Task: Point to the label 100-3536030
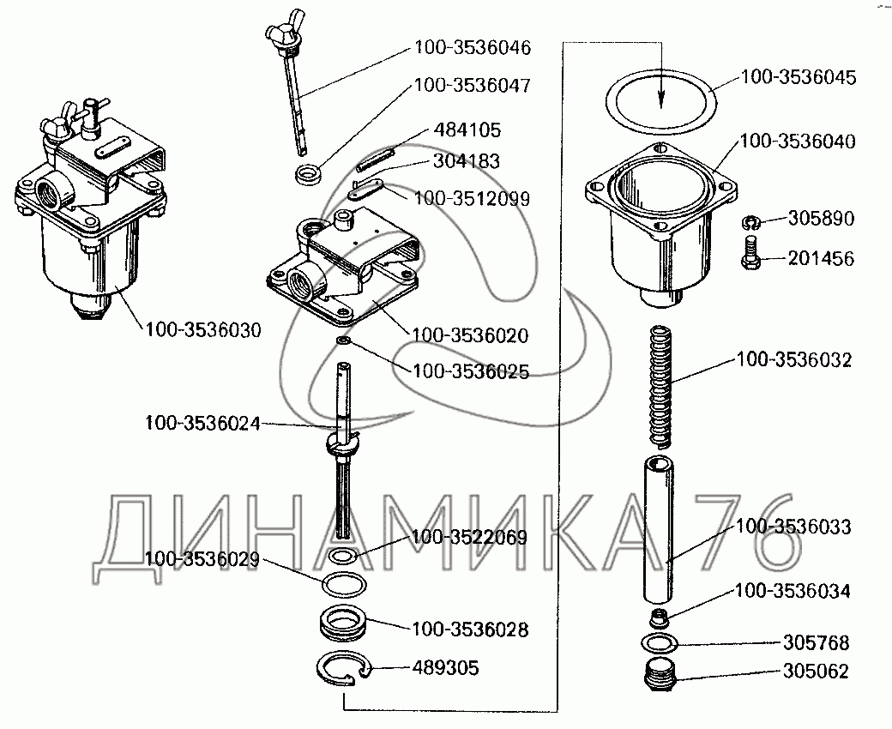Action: coord(203,328)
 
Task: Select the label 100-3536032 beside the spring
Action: coord(793,360)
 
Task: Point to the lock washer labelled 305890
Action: coord(749,223)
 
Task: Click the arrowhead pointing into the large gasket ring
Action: coord(661,100)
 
